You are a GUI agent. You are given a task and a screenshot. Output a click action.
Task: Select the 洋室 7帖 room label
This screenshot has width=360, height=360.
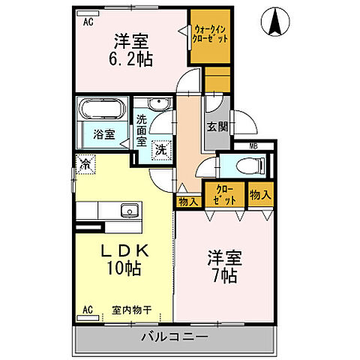(x=223, y=265)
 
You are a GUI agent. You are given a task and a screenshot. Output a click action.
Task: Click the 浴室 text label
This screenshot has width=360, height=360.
(x=104, y=135)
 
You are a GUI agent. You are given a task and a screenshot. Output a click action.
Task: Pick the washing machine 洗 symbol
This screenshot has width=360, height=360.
(x=161, y=149)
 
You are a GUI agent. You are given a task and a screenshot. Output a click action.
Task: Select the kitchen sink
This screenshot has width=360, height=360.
(x=128, y=211)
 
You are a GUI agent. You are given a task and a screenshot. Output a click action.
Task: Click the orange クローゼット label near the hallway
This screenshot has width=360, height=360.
(x=226, y=195)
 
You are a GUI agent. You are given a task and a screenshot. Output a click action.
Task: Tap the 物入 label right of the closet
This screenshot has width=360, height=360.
(x=259, y=195)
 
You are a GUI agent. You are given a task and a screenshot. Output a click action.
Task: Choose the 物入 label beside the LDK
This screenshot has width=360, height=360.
(x=187, y=200)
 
